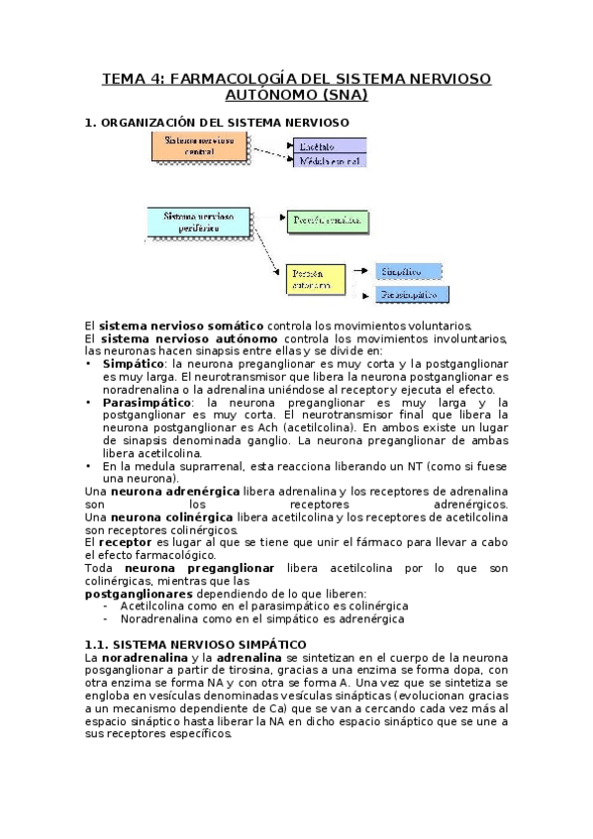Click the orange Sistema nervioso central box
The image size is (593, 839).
(199, 146)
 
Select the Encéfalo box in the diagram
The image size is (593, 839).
(328, 144)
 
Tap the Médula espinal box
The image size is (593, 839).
(328, 160)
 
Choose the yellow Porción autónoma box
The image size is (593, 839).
(316, 278)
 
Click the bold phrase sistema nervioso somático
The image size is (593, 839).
(180, 326)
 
